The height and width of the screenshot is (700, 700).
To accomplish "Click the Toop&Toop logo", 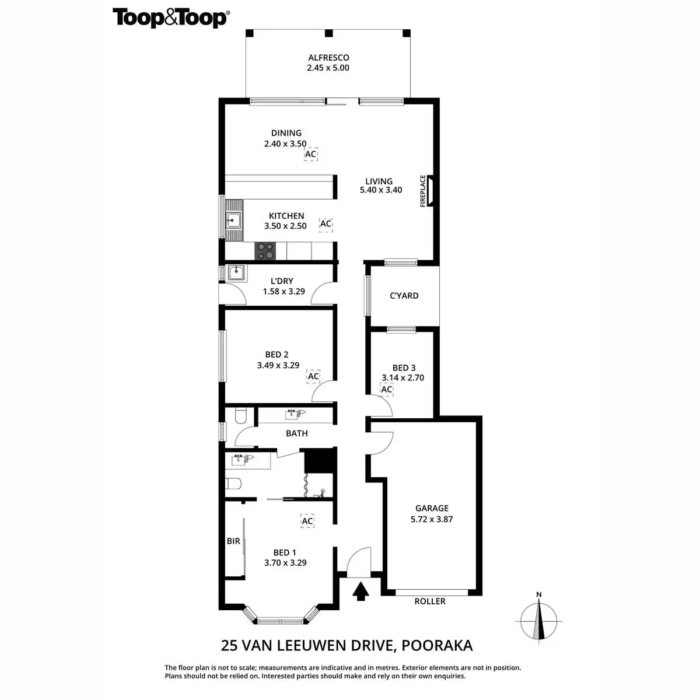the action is pyautogui.click(x=171, y=18).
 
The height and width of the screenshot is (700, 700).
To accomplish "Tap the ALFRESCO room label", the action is pyautogui.click(x=328, y=57).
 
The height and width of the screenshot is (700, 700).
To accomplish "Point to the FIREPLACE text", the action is pyautogui.click(x=422, y=191).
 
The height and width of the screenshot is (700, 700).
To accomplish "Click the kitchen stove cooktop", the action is pyautogui.click(x=265, y=251).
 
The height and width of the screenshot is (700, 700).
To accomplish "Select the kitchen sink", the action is pyautogui.click(x=233, y=220).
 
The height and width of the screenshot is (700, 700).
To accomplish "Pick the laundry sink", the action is pyautogui.click(x=236, y=272).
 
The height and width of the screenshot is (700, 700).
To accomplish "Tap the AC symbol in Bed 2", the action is pyautogui.click(x=313, y=376).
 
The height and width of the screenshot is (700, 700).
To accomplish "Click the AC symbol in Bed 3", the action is pyautogui.click(x=387, y=389).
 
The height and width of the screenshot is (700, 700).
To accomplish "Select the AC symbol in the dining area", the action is pyautogui.click(x=310, y=154).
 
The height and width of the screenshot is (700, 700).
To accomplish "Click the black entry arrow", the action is pyautogui.click(x=360, y=591).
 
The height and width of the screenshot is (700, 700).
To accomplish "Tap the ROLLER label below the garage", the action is pyautogui.click(x=430, y=601).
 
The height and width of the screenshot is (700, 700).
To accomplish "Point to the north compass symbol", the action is pyautogui.click(x=539, y=621).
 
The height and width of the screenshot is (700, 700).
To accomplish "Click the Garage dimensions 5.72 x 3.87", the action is pyautogui.click(x=432, y=519).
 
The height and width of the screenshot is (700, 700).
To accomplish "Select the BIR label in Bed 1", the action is pyautogui.click(x=233, y=541).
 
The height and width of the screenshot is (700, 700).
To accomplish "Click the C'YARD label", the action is pyautogui.click(x=404, y=296).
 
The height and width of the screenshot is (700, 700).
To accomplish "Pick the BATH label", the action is pyautogui.click(x=297, y=433).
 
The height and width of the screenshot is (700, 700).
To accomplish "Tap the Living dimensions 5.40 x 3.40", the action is pyautogui.click(x=381, y=190).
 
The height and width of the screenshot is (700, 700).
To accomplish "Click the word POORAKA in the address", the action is pyautogui.click(x=437, y=645).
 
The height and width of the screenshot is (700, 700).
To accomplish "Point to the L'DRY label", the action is pyautogui.click(x=282, y=281).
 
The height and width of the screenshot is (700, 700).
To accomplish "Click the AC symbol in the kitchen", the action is pyautogui.click(x=326, y=224).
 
